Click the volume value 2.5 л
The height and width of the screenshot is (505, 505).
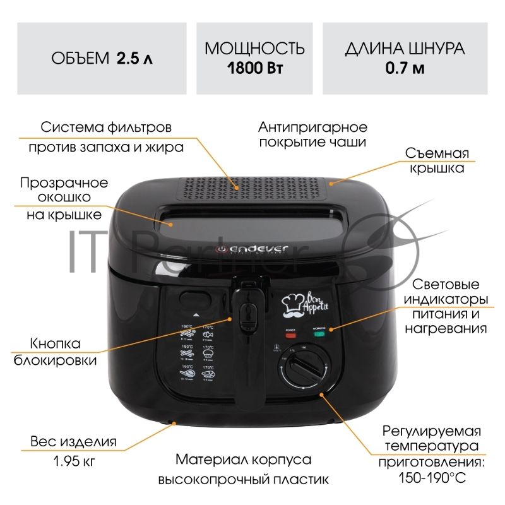click(134, 59)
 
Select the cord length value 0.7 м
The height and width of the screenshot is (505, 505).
click(405, 68)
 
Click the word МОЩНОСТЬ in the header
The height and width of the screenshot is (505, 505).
click(254, 49)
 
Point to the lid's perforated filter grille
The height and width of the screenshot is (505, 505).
click(252, 189)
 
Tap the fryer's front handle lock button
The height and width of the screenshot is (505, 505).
click(246, 312)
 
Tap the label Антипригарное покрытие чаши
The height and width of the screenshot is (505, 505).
click(312, 134)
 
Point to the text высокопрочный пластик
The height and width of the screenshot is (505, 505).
click(244, 479)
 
